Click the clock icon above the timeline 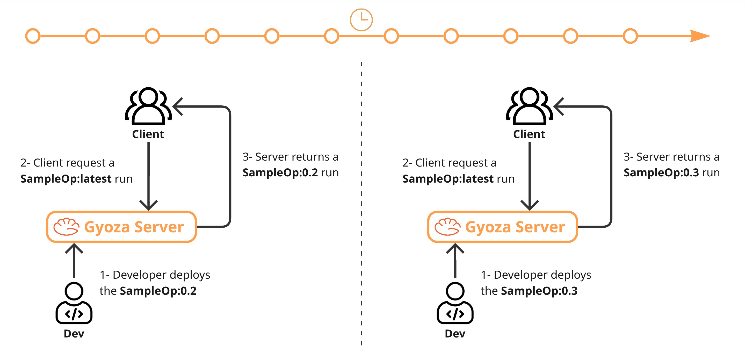pyautogui.click(x=361, y=20)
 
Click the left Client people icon pyautogui.click(x=148, y=106)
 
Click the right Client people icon pyautogui.click(x=529, y=106)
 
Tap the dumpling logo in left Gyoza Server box pyautogui.click(x=66, y=227)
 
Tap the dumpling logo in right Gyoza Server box pyautogui.click(x=447, y=227)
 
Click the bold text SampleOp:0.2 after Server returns pyautogui.click(x=280, y=173)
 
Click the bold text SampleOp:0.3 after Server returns pyautogui.click(x=661, y=173)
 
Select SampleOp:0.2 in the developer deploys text pyautogui.click(x=158, y=291)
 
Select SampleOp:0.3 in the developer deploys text pyautogui.click(x=539, y=291)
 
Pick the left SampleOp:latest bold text pyautogui.click(x=66, y=179)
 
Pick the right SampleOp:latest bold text pyautogui.click(x=448, y=179)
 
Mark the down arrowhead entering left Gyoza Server pyautogui.click(x=148, y=206)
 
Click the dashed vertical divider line pyautogui.click(x=361, y=203)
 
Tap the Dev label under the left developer pyautogui.click(x=74, y=334)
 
